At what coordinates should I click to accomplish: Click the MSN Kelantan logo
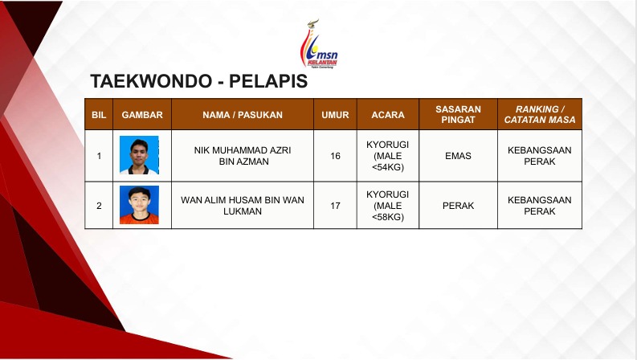click(x=319, y=44)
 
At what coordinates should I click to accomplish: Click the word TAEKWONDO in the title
click(x=151, y=81)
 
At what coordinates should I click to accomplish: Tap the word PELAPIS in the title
click(x=268, y=81)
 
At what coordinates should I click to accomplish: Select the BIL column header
click(x=99, y=115)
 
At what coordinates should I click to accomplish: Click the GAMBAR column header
click(x=142, y=115)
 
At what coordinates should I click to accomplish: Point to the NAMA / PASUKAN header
click(x=243, y=115)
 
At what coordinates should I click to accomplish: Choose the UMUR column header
click(x=335, y=115)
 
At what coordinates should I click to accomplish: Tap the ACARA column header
click(x=387, y=115)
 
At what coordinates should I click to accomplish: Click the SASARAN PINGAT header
click(x=458, y=114)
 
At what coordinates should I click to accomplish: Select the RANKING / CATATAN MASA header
click(x=540, y=114)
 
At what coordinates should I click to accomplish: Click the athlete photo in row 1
click(x=139, y=155)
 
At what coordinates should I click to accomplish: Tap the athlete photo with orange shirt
click(x=139, y=205)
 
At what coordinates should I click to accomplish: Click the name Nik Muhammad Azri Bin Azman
click(x=243, y=156)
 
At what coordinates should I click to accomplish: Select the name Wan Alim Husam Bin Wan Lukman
click(x=243, y=206)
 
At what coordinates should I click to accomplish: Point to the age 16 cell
click(x=335, y=156)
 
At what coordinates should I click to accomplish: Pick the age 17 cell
click(x=335, y=206)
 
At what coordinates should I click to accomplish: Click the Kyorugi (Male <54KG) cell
click(x=387, y=156)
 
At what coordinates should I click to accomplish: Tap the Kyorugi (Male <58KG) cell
click(x=387, y=206)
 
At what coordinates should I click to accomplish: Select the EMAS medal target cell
click(x=458, y=156)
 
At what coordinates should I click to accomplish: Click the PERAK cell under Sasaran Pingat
click(x=458, y=206)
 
